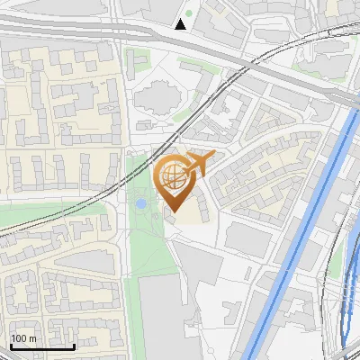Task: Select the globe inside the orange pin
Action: (x=172, y=175)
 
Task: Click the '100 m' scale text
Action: (x=23, y=338)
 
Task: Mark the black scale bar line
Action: (x=42, y=346)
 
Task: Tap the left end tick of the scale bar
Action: (x=11, y=345)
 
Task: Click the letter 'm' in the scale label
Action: (x=32, y=338)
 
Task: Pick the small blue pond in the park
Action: (x=140, y=204)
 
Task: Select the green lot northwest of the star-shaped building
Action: (x=138, y=62)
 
